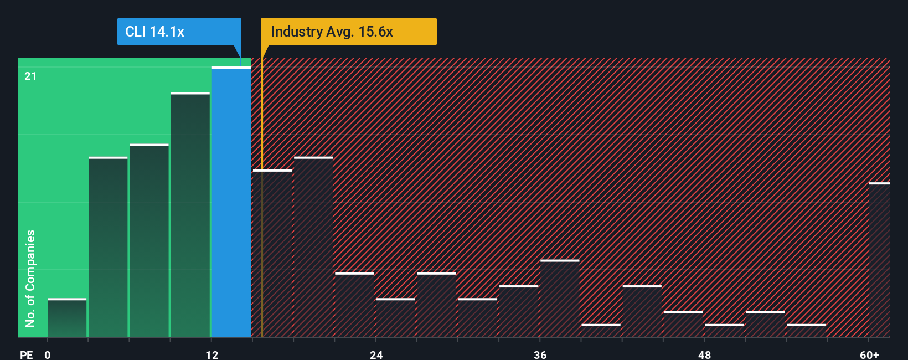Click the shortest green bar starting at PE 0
point(67,318)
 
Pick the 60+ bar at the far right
point(879,260)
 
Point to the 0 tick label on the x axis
point(48,354)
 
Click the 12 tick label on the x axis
point(212,354)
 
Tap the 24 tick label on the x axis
point(376,354)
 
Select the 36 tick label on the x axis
point(540,354)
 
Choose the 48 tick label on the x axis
point(704,354)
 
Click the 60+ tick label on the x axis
point(869,354)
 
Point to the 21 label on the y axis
point(30,76)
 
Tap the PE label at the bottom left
point(26,354)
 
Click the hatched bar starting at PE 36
point(560,299)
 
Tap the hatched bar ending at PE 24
point(354,305)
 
